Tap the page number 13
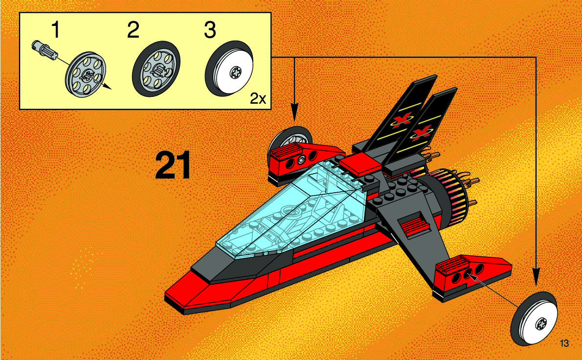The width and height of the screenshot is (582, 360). coord(564,343)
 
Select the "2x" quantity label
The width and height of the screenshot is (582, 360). coord(258,99)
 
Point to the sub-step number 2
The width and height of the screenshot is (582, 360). coord(133,30)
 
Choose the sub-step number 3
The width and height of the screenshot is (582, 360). coord(209,30)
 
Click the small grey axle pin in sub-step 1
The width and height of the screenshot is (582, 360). coord(44,49)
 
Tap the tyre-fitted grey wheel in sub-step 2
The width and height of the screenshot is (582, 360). coord(156,72)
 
